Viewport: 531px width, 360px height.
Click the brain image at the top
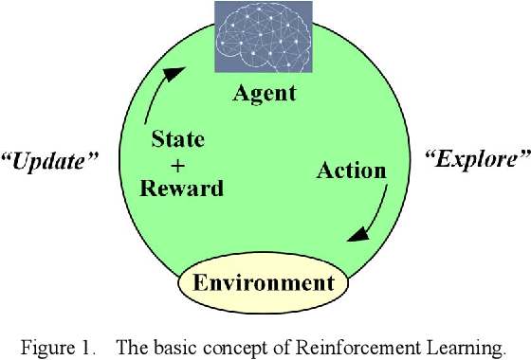pyautogui.click(x=265, y=39)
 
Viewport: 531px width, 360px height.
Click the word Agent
pyautogui.click(x=265, y=93)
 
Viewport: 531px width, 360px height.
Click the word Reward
pyautogui.click(x=181, y=188)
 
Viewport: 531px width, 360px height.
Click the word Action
pyautogui.click(x=351, y=171)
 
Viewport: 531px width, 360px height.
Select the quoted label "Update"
pyautogui.click(x=50, y=161)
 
